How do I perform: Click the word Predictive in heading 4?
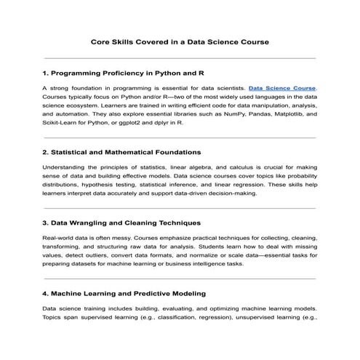(x=154, y=292)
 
